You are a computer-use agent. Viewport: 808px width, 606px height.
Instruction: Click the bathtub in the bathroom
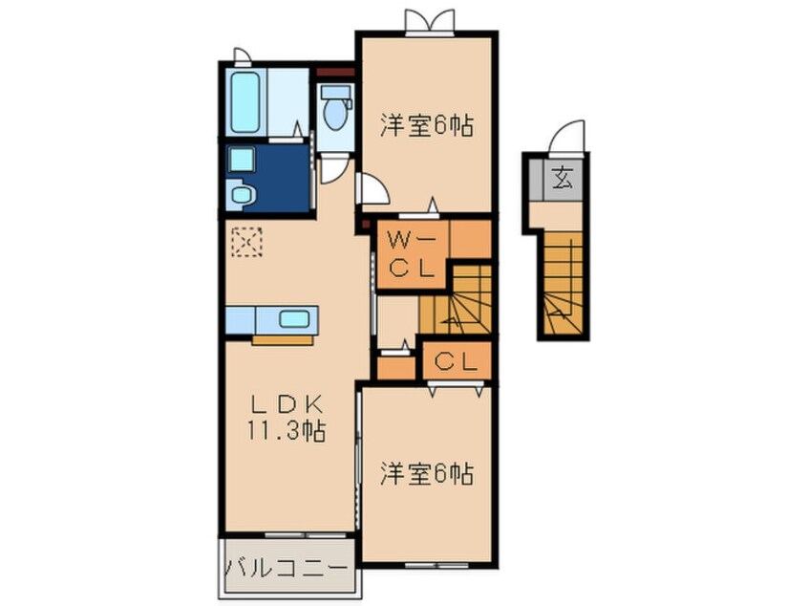pos(245,102)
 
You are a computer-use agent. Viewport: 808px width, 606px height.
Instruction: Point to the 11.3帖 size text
pos(287,431)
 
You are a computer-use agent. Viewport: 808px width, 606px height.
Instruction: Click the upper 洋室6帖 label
pos(427,125)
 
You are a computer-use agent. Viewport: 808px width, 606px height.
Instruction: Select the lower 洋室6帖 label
pos(427,473)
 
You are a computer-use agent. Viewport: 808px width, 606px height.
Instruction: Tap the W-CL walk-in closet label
pos(412,254)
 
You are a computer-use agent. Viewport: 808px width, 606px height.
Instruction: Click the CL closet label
pos(456,362)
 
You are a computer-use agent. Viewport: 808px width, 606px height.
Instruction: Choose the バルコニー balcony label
pos(286,569)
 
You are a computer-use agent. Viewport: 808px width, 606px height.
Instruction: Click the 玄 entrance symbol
pos(563,178)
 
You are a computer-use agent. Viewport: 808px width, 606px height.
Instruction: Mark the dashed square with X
pos(246,242)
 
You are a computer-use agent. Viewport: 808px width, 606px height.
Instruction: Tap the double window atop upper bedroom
pos(429,22)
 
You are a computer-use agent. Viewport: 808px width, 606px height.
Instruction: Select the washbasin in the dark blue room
pos(242,194)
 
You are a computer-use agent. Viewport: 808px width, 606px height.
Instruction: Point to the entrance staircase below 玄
pos(563,283)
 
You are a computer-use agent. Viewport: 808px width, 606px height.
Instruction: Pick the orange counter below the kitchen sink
pos(283,340)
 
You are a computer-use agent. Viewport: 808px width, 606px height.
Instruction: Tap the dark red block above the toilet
pos(335,73)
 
